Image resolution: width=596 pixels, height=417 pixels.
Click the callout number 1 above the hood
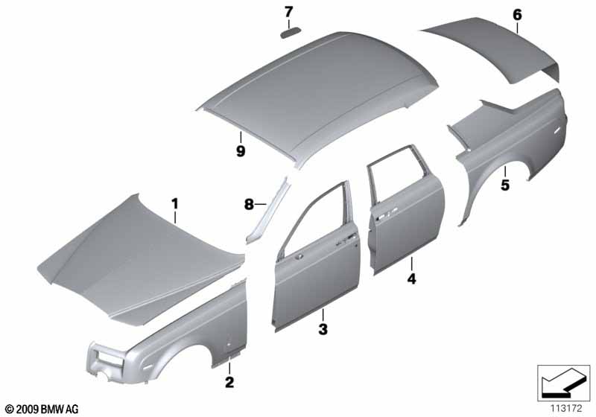[x=174, y=204]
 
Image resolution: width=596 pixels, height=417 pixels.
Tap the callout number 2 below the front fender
[x=229, y=382]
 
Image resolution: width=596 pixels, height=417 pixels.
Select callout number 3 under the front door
[x=323, y=329]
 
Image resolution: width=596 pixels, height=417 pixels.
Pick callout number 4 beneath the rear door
[x=412, y=278]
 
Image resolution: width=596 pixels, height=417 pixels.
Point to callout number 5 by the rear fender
[x=505, y=185]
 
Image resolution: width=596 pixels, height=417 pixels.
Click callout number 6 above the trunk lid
[x=517, y=15]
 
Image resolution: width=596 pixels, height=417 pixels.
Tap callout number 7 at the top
[x=289, y=12]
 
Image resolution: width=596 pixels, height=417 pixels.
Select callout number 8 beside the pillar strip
[x=249, y=205]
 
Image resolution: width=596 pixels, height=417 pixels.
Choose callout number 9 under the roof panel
[x=241, y=151]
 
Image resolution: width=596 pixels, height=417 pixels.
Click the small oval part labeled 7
[x=291, y=33]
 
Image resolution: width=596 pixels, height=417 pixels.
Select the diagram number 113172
[x=566, y=409]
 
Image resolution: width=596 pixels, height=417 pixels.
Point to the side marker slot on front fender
[x=148, y=368]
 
